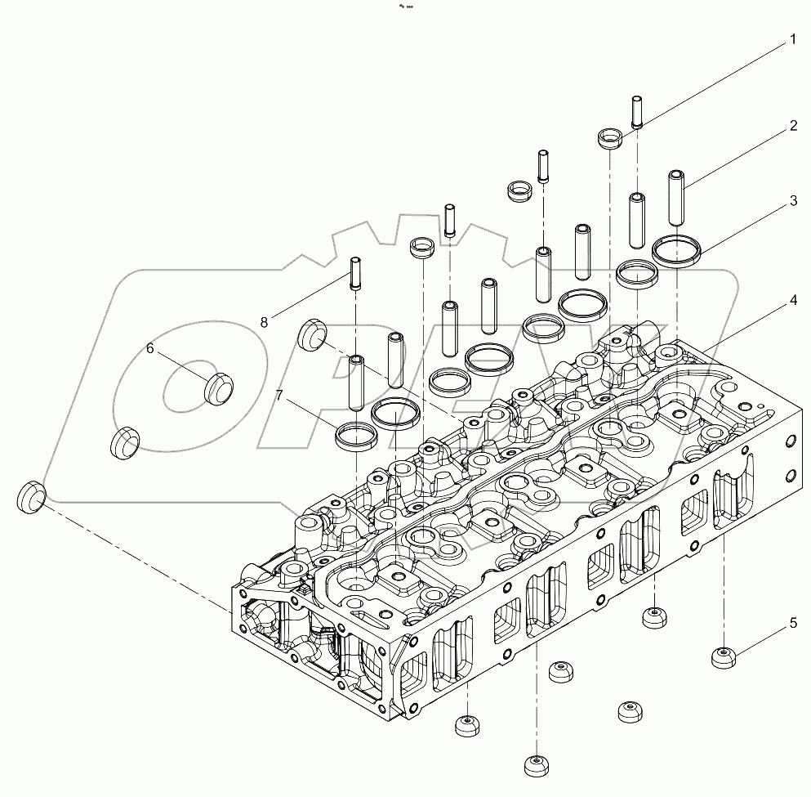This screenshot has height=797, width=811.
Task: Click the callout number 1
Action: point(791,38)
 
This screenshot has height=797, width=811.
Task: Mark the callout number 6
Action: point(149,348)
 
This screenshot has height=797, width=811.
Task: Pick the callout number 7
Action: point(279,396)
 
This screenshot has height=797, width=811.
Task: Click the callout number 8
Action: point(264,322)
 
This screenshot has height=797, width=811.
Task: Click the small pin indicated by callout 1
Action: point(638,112)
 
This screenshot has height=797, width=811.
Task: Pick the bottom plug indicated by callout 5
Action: point(724,656)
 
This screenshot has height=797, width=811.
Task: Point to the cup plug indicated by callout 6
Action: point(217,387)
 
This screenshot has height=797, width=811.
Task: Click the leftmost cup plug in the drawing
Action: point(31,496)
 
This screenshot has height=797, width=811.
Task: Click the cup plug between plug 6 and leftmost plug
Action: point(124,441)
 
